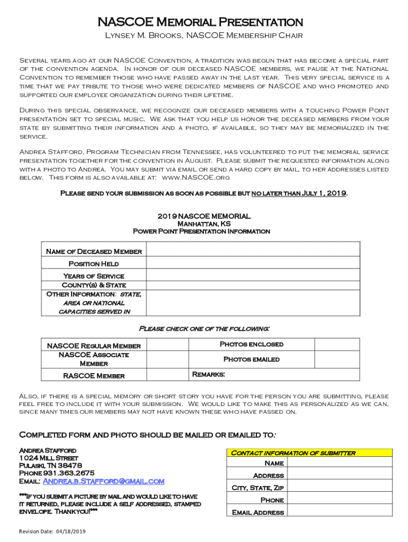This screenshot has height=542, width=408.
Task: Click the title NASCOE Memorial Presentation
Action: [x=200, y=22]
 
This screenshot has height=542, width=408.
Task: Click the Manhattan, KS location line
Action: [x=201, y=224]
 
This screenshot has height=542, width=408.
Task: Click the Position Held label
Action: [x=94, y=264]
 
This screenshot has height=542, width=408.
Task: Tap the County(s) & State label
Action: [x=94, y=285]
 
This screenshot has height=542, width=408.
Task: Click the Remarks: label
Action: [x=208, y=375]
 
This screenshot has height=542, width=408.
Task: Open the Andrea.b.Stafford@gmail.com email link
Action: [x=103, y=481]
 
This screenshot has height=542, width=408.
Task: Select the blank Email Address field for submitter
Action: [x=340, y=512]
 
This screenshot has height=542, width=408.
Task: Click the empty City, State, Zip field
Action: [x=340, y=487]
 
